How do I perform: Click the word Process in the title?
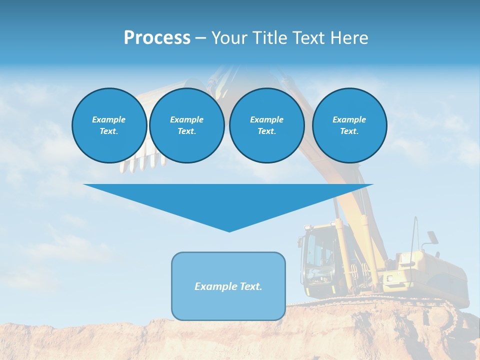[x=157, y=38]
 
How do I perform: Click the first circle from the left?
[x=109, y=125]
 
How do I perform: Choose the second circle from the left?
[x=186, y=125]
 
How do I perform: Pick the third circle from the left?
[x=266, y=125]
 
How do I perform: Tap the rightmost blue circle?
[x=349, y=125]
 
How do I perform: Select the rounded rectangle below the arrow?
[x=228, y=286]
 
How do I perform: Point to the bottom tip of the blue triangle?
[x=229, y=231]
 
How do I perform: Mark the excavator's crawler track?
[x=440, y=312]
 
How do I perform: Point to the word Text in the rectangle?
[x=250, y=286]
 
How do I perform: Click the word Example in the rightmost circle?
[x=349, y=119]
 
